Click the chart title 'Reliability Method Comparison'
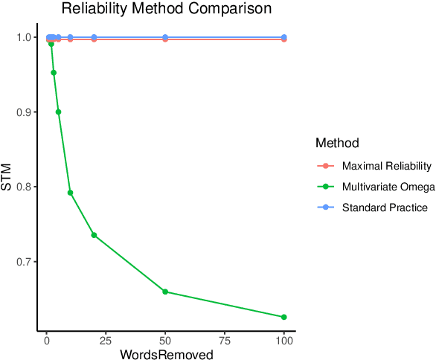pyautogui.click(x=166, y=9)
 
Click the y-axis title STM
pyautogui.click(x=7, y=177)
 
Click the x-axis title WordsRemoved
pyautogui.click(x=167, y=355)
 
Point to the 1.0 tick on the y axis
pyautogui.click(x=24, y=37)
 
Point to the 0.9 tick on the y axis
pyautogui.click(x=24, y=112)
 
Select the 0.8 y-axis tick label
pyautogui.click(x=24, y=187)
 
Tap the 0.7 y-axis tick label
pyautogui.click(x=24, y=262)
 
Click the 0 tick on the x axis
pyautogui.click(x=46, y=340)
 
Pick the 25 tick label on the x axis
pyautogui.click(x=106, y=340)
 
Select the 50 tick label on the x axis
pyautogui.click(x=165, y=340)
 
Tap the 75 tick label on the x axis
pyautogui.click(x=225, y=340)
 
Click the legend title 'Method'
pyautogui.click(x=338, y=142)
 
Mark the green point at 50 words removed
pyautogui.click(x=165, y=292)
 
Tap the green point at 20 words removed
pyautogui.click(x=94, y=235)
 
